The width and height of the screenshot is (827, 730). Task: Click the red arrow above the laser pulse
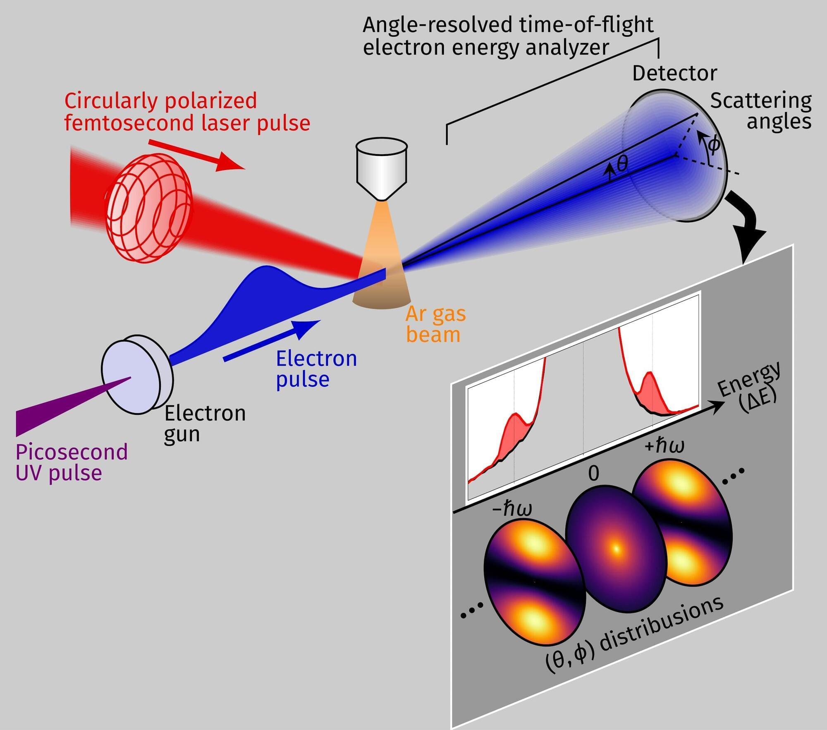196,155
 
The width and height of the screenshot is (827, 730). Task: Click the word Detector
674,74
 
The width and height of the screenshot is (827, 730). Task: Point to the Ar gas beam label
435,325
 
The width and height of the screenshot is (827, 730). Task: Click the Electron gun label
205,424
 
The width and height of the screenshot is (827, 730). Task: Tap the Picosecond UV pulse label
71,463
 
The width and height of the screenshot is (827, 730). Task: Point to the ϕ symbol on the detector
714,145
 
